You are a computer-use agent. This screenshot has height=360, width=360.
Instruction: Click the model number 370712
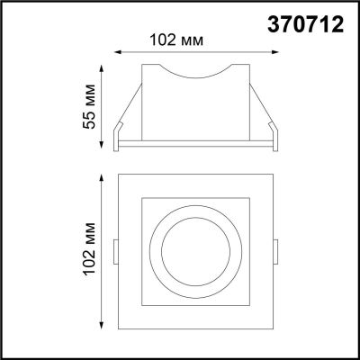tap(305, 24)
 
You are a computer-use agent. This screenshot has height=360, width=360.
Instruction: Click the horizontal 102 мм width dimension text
tap(176, 40)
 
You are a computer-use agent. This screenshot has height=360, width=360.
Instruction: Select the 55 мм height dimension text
tap(89, 107)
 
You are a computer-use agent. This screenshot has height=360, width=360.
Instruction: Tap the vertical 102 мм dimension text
tap(89, 248)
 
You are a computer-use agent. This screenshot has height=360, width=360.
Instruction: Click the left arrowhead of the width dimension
tap(118, 52)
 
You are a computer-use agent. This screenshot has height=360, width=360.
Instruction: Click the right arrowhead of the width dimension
tap(274, 52)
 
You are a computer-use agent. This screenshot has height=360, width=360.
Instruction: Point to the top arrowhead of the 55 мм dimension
tap(102, 68)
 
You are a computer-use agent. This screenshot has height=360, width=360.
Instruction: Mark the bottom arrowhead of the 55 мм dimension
tap(102, 145)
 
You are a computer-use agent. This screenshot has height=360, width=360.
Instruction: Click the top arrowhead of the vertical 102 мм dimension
tap(102, 177)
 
